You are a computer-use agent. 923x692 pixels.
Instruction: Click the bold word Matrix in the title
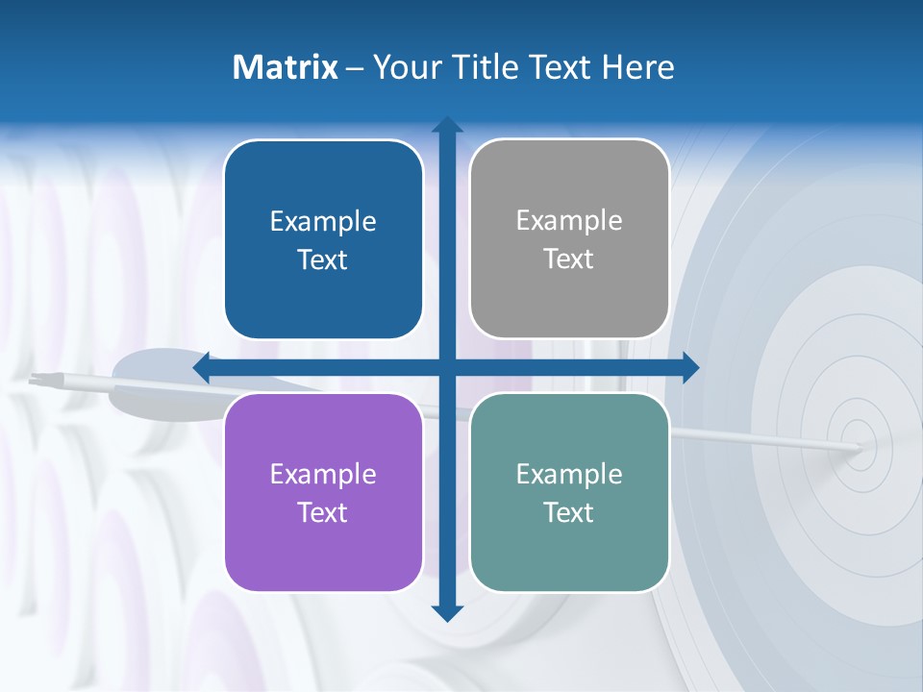coord(286,67)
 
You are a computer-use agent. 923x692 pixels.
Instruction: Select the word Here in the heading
coord(637,67)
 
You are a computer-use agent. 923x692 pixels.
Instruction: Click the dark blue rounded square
coord(323,239)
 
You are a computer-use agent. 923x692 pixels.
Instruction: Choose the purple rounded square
coord(323,492)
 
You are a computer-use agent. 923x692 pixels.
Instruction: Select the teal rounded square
coord(569,492)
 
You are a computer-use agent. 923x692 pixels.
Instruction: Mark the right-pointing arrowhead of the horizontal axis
coord(690,368)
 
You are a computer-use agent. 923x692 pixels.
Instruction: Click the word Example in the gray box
coord(569,221)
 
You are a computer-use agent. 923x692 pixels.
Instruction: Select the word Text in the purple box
coord(323,512)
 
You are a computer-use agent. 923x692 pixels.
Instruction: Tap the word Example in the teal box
coord(569,474)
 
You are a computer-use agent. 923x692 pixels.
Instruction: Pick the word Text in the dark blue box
coord(323,259)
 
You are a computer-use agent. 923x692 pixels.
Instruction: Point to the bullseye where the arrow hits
coord(859,447)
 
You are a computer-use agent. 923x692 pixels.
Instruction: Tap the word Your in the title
coord(405,67)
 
